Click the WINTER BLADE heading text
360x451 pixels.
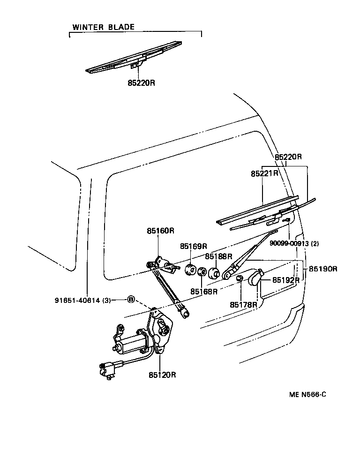tap(103, 27)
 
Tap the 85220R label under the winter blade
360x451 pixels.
tap(141, 83)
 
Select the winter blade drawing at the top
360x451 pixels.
tap(134, 57)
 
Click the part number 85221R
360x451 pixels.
tap(264, 173)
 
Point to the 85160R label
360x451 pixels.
tap(160, 231)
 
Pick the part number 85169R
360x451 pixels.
tap(193, 246)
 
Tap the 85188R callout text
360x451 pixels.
tap(218, 256)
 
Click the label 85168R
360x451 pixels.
tap(204, 291)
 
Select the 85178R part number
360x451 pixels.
tap(243, 305)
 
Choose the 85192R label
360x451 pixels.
tap(285, 280)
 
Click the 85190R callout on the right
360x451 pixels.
tap(323, 269)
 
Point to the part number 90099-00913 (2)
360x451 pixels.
tap(294, 243)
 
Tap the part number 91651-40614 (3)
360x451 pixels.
tap(82, 301)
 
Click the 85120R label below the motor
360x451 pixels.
tap(162, 375)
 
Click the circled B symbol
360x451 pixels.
tap(131, 300)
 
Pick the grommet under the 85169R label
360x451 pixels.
tap(190, 270)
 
